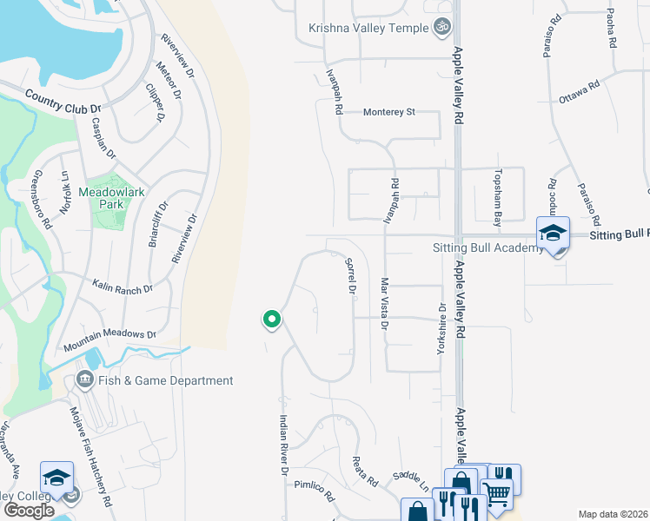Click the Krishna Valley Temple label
tap(368, 29)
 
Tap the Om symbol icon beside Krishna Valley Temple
tap(442, 28)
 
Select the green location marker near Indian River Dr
tap(272, 320)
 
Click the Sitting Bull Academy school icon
tap(553, 232)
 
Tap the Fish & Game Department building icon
tap(85, 379)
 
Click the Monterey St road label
tap(390, 112)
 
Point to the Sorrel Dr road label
tap(352, 276)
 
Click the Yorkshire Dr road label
tap(442, 327)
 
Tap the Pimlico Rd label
tap(315, 491)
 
